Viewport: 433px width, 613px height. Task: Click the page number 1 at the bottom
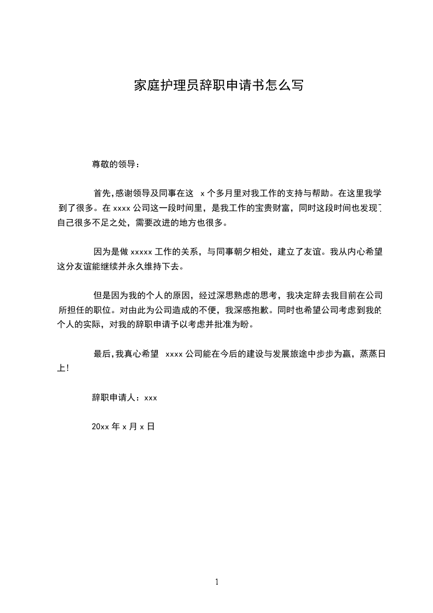[x=217, y=582]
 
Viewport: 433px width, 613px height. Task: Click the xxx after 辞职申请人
[x=151, y=398]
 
